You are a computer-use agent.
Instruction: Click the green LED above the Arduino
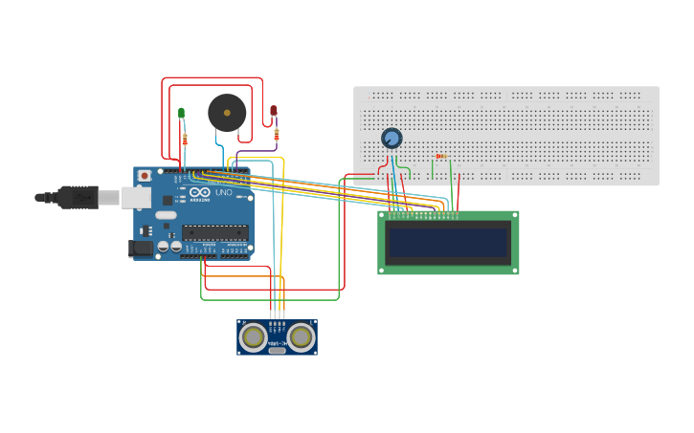coord(181,113)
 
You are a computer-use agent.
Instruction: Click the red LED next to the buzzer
coord(274,111)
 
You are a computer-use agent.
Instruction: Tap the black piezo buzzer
coord(227,113)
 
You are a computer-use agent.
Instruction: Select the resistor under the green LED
coord(184,140)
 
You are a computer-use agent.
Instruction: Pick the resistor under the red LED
coord(276,134)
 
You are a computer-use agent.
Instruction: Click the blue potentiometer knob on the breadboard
coord(391,139)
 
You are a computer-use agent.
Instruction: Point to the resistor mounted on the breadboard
coord(440,156)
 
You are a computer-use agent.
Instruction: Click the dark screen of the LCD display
coord(448,243)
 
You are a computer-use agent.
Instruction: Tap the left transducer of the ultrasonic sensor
coord(254,336)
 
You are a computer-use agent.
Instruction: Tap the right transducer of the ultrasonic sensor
coord(302,336)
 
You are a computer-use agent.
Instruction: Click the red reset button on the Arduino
coord(145,176)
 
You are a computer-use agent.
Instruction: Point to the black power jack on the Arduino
coord(140,248)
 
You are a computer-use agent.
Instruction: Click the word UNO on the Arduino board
coord(222,192)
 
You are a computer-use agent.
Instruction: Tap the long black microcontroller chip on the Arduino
coord(214,231)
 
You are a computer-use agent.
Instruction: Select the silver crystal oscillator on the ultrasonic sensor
coord(278,351)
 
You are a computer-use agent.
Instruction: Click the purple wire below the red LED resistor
coord(258,150)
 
